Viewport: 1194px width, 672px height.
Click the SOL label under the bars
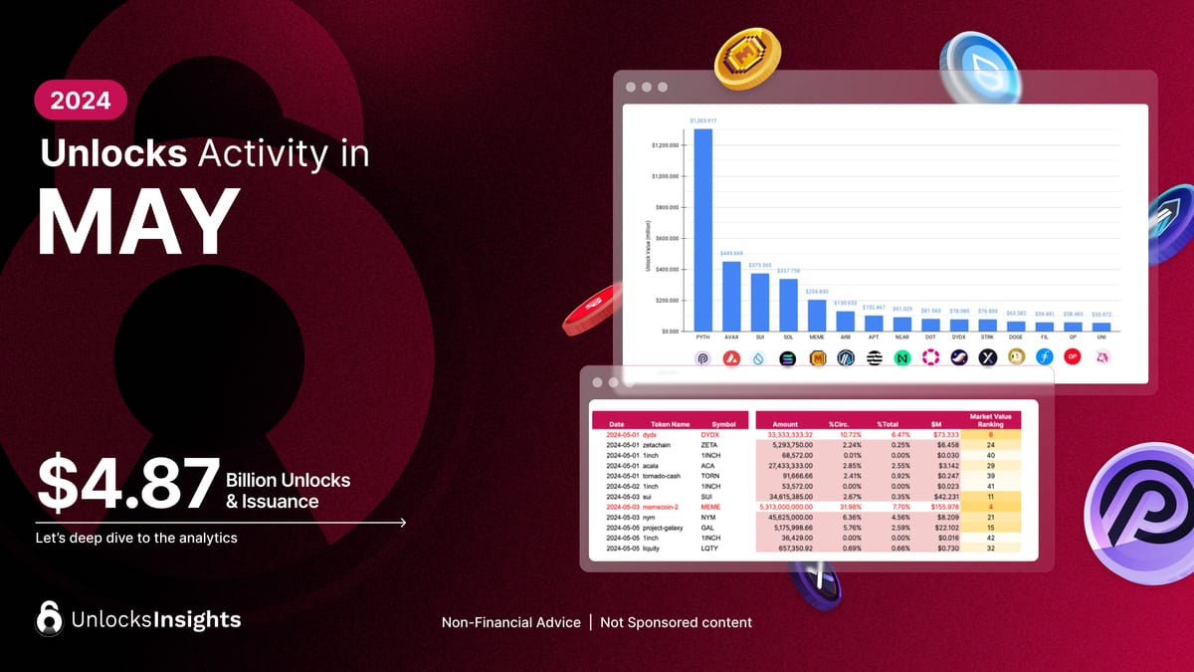coord(788,338)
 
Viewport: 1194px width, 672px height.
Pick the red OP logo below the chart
coord(1073,357)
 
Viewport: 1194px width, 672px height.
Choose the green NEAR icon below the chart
coord(902,357)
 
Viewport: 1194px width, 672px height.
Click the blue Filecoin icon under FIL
coord(1045,357)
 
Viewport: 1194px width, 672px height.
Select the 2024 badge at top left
coord(80,100)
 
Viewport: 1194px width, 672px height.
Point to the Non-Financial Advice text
coord(510,622)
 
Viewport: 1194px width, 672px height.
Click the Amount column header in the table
coord(784,424)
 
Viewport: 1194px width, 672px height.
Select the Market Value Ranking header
coord(991,419)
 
